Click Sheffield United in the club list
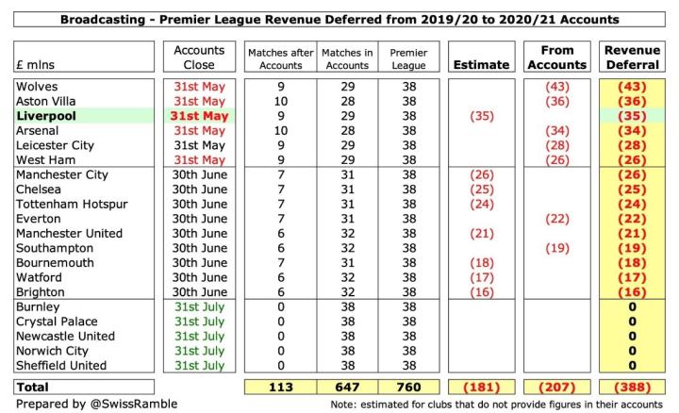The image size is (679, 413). click(61, 366)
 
